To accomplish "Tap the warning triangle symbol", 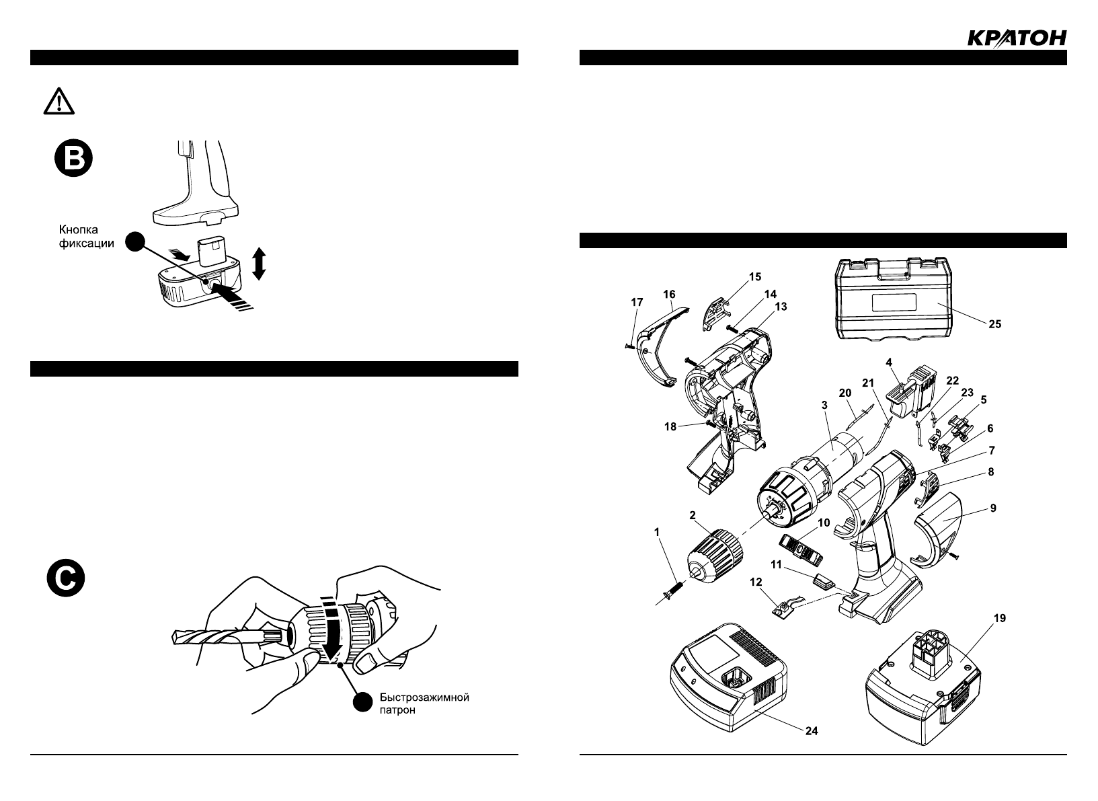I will pyautogui.click(x=59, y=102).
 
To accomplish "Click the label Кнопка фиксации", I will pyautogui.click(x=82, y=237).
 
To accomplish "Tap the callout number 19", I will pyautogui.click(x=999, y=618).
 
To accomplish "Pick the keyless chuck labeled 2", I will pyautogui.click(x=713, y=555).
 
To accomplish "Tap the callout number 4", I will pyautogui.click(x=889, y=362).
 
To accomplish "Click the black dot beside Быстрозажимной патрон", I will pyautogui.click(x=362, y=702).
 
